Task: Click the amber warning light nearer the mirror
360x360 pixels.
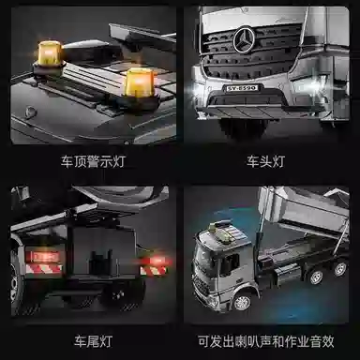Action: click(49, 53)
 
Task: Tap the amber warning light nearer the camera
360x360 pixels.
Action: click(139, 82)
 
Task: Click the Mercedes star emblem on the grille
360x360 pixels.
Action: click(245, 39)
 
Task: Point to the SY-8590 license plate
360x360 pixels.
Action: click(242, 88)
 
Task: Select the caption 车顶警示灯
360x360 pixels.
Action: click(93, 162)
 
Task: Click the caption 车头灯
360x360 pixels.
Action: click(266, 162)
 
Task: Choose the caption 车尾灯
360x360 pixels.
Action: click(93, 341)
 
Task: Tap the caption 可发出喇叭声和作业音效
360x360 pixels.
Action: click(266, 341)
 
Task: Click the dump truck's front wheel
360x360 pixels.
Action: click(243, 302)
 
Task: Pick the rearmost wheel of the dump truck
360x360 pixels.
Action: click(340, 268)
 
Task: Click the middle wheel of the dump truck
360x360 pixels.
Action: click(316, 277)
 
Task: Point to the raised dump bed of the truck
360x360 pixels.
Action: click(304, 212)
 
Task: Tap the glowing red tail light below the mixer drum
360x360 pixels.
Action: click(156, 260)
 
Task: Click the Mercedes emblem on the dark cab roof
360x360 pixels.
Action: click(30, 112)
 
